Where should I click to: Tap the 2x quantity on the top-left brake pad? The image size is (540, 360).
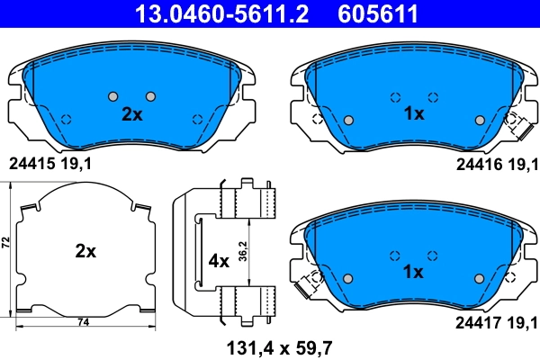[x=132, y=114]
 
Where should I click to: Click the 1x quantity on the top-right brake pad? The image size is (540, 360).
[x=413, y=114]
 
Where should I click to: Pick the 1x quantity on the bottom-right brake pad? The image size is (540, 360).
[x=413, y=271]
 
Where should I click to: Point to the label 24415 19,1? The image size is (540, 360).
[x=50, y=164]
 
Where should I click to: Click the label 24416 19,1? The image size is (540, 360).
[x=495, y=164]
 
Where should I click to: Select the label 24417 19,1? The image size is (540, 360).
[x=495, y=319]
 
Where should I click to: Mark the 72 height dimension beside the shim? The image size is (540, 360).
[x=6, y=244]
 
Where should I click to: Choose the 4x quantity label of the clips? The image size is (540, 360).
[x=219, y=262]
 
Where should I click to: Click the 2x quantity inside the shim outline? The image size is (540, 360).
[x=85, y=252]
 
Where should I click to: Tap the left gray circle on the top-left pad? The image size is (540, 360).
[x=113, y=97]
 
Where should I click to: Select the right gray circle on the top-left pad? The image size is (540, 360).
[x=150, y=97]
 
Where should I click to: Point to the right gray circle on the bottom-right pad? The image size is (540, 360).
[x=478, y=276]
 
